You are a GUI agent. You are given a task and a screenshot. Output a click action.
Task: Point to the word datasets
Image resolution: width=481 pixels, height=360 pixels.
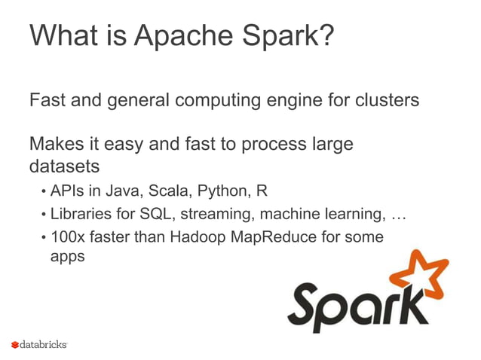click(64, 163)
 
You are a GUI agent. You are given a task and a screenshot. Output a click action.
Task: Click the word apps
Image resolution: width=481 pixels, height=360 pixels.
click(67, 256)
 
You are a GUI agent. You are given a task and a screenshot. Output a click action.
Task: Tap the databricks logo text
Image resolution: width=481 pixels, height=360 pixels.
click(43, 344)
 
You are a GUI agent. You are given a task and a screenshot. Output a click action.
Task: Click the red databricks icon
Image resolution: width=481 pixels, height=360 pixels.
click(14, 345)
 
